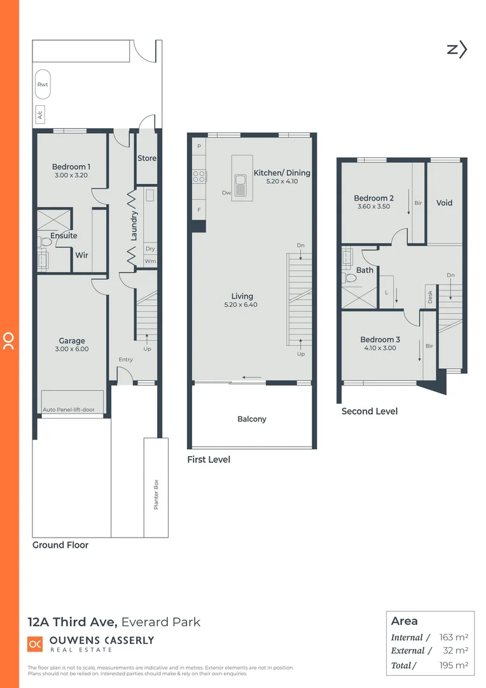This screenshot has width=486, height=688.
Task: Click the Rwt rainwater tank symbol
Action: [43, 85]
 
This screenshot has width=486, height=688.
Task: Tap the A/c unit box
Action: [41, 115]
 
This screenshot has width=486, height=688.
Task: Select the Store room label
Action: [147, 158]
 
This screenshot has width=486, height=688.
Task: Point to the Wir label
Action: [82, 255]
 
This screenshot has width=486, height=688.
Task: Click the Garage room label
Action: [72, 341]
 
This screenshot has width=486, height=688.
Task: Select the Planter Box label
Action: [155, 494]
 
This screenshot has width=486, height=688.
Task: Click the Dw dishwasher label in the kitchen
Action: [226, 192]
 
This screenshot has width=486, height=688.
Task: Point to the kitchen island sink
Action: [240, 185]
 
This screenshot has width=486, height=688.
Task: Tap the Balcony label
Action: [252, 419]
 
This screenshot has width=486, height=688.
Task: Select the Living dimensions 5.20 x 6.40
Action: [242, 305]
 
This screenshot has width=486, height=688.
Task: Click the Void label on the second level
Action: [444, 203]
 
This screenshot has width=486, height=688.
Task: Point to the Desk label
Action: [430, 296]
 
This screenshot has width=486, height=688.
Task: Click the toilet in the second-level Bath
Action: [349, 279]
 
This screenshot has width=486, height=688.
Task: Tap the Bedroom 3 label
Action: [380, 340]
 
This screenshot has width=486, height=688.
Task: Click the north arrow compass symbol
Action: [457, 49]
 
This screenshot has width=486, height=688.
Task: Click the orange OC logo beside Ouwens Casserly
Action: [35, 644]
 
